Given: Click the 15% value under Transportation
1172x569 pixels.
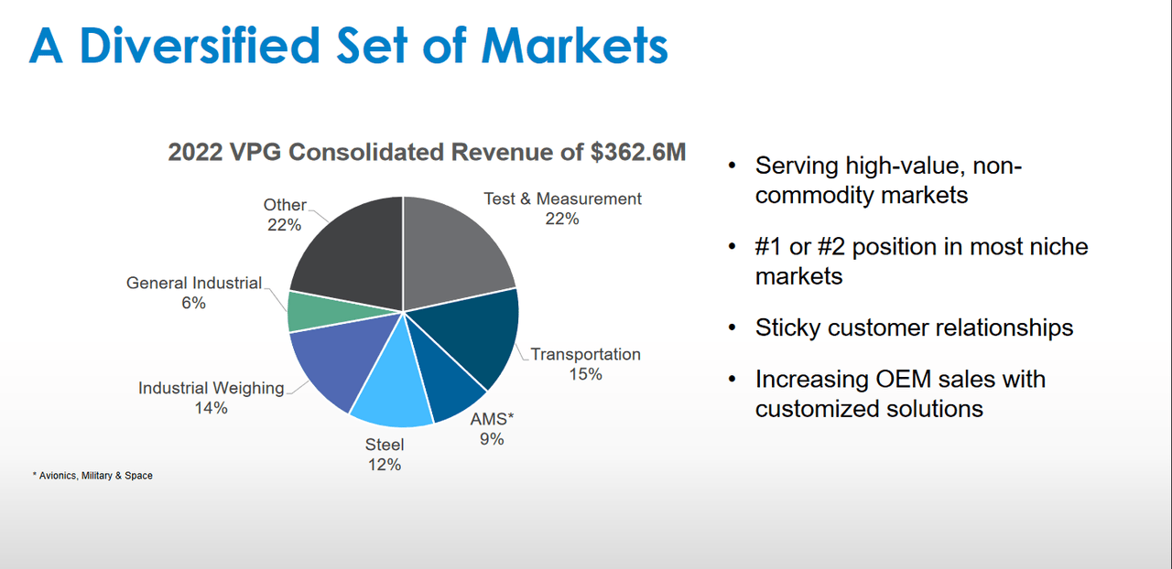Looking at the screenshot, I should point(585,374).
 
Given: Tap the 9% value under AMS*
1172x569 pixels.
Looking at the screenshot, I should point(491,438).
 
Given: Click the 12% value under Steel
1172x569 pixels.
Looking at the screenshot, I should point(385,465).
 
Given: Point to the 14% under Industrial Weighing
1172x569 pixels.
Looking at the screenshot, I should point(211,408).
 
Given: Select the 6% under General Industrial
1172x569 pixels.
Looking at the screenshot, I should point(193,303).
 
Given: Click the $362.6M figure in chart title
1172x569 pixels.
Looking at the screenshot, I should point(638,152).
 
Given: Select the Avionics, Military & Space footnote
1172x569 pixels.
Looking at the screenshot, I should point(92,476).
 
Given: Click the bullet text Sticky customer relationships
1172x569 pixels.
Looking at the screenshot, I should point(914,327).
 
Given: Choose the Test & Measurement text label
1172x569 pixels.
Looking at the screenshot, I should point(562,199).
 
